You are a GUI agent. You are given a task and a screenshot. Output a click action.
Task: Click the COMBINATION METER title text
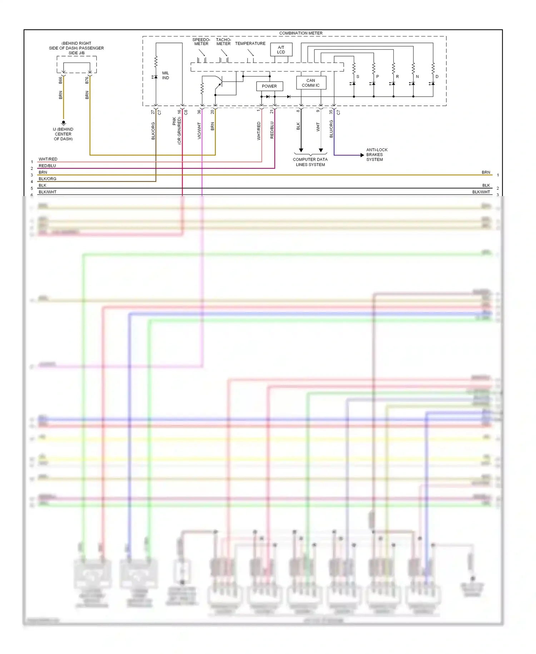click(x=301, y=33)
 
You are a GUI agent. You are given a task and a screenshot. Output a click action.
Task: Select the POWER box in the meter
click(x=269, y=86)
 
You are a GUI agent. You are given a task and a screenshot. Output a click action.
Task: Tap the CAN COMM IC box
click(x=311, y=83)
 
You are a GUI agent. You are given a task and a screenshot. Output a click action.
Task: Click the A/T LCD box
click(x=281, y=50)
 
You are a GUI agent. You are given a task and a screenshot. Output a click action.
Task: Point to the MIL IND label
click(x=165, y=75)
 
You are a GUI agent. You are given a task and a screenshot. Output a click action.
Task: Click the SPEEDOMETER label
click(x=201, y=42)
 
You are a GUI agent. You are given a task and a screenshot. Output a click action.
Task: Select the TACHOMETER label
click(x=223, y=42)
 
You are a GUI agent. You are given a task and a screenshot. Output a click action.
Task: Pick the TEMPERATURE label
click(x=250, y=44)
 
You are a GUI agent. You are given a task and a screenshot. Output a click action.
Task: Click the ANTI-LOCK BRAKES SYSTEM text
click(x=376, y=155)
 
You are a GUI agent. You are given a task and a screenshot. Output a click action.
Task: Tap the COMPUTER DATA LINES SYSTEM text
click(x=310, y=162)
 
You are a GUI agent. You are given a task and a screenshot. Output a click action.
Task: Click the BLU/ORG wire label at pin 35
click(x=331, y=129)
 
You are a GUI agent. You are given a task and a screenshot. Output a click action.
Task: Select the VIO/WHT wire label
click(x=199, y=131)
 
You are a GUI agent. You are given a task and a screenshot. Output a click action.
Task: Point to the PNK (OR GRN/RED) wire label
click(x=177, y=131)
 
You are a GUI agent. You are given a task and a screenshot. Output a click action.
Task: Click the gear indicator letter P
click(x=377, y=77)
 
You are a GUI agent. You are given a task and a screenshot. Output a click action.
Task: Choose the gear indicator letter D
click(x=437, y=77)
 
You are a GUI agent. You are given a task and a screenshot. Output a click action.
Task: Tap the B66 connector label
click(x=60, y=80)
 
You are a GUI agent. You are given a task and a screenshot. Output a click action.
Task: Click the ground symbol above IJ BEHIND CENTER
click(x=64, y=123)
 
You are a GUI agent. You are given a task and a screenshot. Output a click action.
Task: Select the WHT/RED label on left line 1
click(x=48, y=159)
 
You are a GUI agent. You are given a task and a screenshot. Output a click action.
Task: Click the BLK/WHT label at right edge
click(x=481, y=192)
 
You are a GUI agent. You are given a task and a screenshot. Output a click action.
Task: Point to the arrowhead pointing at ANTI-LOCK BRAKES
click(x=362, y=155)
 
